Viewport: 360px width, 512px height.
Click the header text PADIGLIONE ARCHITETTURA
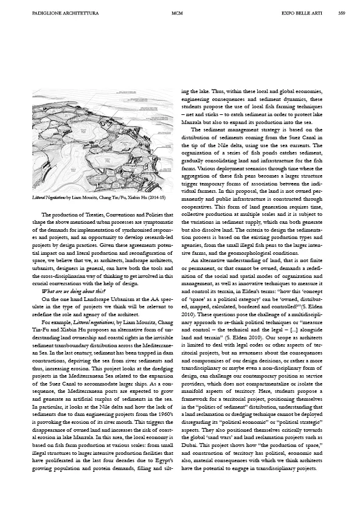point(57,12)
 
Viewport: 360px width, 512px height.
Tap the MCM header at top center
point(177,12)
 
